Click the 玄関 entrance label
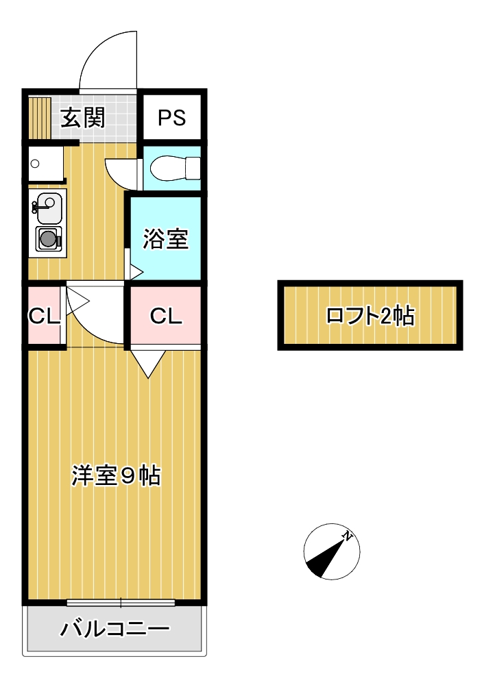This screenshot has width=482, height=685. pos(83,118)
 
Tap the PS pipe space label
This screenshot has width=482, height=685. pos(171,118)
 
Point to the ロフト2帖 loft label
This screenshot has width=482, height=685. pos(370,316)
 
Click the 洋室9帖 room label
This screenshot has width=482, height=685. pos(117,475)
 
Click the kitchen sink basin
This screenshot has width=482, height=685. pos(47,208)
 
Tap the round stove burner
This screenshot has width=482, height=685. pos(47,239)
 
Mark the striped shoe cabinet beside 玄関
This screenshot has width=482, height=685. pos(40,118)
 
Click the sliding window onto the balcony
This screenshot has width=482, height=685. pos(121,603)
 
